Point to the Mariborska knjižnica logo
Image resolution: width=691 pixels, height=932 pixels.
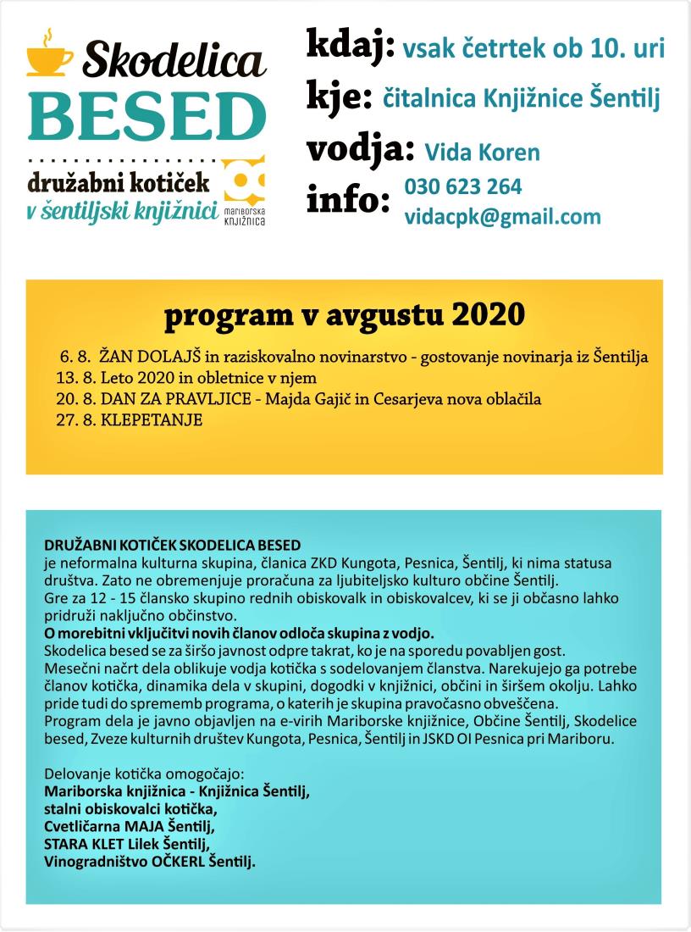[x=245, y=191]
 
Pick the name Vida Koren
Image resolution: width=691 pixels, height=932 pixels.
[x=481, y=153]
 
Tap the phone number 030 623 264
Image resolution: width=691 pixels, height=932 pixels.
[x=463, y=186]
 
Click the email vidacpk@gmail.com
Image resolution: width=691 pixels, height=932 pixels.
[x=502, y=217]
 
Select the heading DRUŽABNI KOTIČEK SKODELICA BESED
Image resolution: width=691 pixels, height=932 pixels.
[x=173, y=543]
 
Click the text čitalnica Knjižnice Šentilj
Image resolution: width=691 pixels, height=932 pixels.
[x=522, y=99]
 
